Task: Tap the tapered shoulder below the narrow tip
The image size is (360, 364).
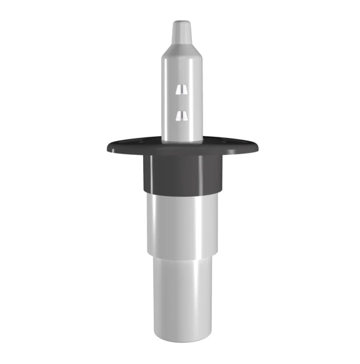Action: tap(182, 49)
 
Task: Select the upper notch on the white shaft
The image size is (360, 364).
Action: tap(181, 89)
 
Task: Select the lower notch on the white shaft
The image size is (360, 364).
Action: tap(181, 114)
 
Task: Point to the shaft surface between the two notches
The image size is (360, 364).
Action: tap(181, 102)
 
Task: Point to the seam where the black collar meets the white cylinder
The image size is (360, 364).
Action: tap(181, 192)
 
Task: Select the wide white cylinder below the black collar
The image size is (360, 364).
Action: tap(181, 222)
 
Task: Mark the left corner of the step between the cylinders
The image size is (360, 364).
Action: tap(148, 254)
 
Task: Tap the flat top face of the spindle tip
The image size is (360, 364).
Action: tap(182, 24)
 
